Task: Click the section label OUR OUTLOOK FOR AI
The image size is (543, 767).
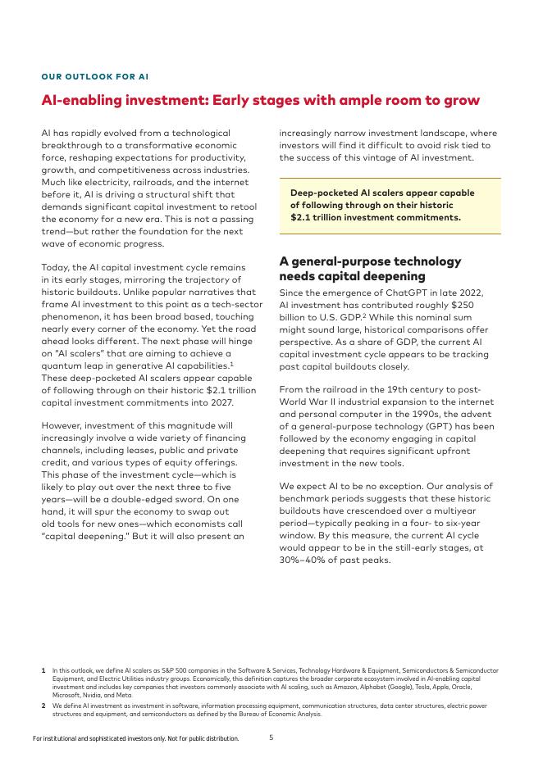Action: click(x=94, y=77)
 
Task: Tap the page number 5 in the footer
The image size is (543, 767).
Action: click(x=271, y=737)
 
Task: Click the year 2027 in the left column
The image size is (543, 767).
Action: click(x=220, y=402)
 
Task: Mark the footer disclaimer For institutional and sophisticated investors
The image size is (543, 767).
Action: click(x=135, y=738)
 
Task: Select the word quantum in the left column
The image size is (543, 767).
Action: click(x=64, y=365)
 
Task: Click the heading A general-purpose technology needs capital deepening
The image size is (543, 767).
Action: click(x=370, y=269)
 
